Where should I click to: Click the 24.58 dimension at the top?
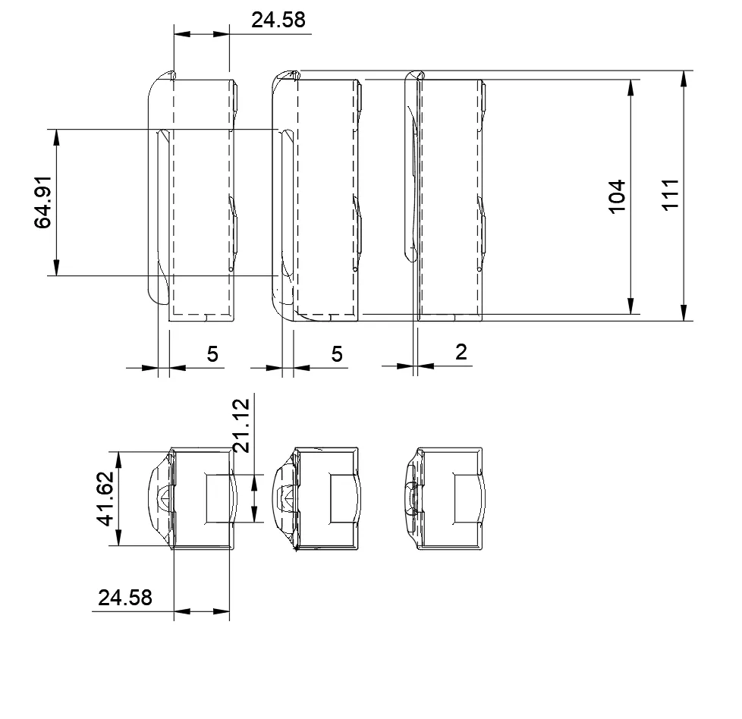[x=278, y=20]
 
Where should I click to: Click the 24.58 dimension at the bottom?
[x=125, y=598]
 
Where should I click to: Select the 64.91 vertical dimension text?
[x=42, y=202]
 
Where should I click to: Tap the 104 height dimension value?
[x=617, y=196]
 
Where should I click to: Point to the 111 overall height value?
[x=670, y=195]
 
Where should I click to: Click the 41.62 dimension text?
[x=105, y=498]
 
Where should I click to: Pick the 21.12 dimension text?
[x=241, y=425]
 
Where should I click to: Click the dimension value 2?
[x=461, y=352]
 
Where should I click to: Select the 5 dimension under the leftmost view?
[x=212, y=354]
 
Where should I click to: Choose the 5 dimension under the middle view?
[x=336, y=354]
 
